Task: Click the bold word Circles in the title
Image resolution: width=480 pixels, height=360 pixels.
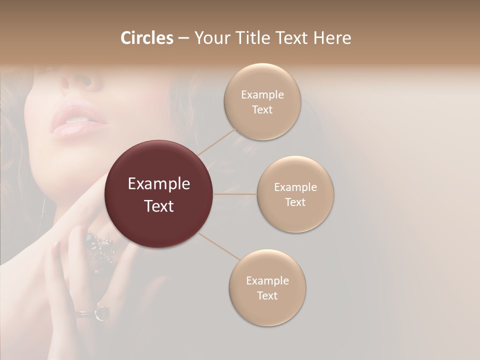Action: coord(146,38)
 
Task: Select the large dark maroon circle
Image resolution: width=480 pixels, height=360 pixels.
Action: coord(158,194)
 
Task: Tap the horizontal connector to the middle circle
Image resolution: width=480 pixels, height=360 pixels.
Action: coord(234,194)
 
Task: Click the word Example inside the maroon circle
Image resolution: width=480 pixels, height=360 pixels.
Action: coord(159,184)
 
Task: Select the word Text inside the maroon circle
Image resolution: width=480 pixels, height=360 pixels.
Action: coord(159,206)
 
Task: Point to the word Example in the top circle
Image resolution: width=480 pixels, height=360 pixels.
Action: coord(262,95)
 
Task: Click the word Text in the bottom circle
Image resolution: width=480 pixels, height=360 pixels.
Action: coord(267,296)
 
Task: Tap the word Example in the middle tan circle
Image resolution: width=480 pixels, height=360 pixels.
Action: coord(295,187)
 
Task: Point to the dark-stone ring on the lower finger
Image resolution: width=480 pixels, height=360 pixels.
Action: coord(102,312)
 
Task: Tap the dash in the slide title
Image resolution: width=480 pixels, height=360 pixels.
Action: coord(183,38)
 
